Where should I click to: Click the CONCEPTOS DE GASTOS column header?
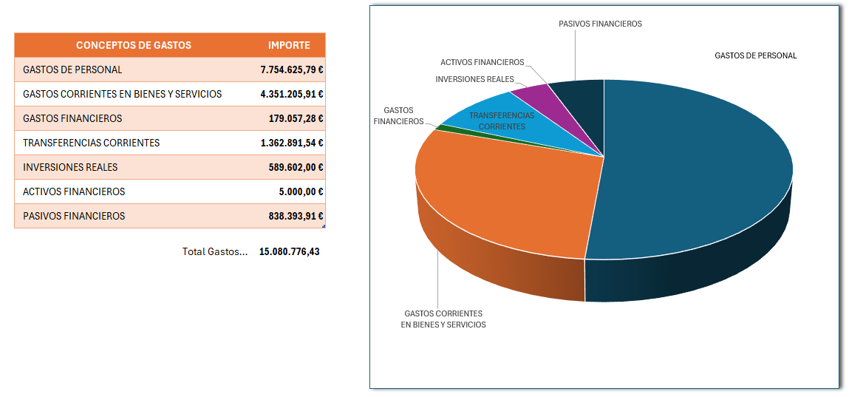tap(133, 45)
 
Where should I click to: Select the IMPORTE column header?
tap(289, 45)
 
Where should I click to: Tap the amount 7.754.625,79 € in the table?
tap(292, 69)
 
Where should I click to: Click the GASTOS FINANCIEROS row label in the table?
tap(72, 118)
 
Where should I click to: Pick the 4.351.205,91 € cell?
tap(292, 94)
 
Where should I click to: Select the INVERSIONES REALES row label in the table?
tap(70, 167)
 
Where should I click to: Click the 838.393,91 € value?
tap(296, 216)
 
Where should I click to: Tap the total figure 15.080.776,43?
tap(289, 251)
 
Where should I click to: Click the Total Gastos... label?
tap(215, 251)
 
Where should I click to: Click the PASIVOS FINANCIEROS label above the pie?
tap(600, 24)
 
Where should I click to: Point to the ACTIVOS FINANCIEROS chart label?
tap(482, 63)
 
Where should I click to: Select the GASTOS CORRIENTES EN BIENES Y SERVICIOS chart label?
tap(443, 319)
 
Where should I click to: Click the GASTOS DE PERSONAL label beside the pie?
tap(755, 55)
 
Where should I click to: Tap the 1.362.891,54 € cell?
tap(292, 143)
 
